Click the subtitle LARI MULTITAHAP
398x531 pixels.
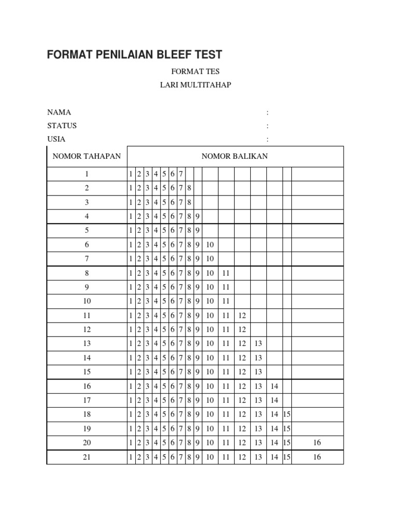click(195, 85)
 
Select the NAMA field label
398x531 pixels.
click(59, 112)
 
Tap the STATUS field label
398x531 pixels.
click(62, 125)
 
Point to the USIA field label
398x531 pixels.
click(56, 139)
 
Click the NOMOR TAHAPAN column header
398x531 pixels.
click(87, 156)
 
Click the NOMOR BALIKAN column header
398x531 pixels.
click(235, 156)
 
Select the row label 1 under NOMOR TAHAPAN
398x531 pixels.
click(87, 174)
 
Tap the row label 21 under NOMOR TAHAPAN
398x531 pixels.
click(87, 457)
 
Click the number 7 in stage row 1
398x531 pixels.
click(181, 174)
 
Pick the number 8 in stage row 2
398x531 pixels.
click(190, 188)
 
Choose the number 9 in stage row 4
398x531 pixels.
click(198, 216)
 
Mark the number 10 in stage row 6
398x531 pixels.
click(210, 245)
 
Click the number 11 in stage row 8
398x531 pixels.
click(225, 273)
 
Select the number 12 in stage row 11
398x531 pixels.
click(242, 315)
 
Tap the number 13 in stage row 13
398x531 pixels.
click(258, 344)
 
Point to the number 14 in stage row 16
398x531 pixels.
click(274, 386)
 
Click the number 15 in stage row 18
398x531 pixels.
click(287, 414)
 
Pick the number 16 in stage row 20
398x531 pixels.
click(317, 443)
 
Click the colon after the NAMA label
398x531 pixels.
click(267, 113)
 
